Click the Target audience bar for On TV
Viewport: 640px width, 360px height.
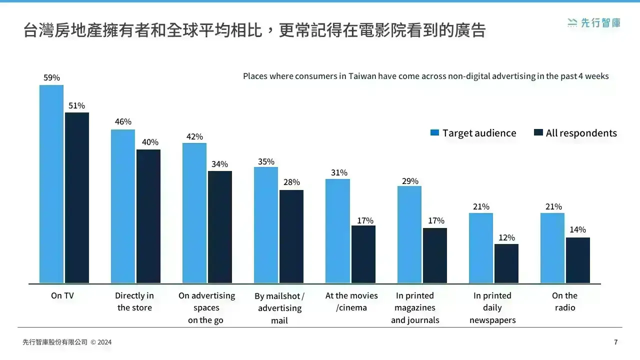coord(51,184)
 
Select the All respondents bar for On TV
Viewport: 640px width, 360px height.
coord(77,197)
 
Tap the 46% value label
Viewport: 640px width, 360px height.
coord(123,121)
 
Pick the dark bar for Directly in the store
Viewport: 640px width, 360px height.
coord(148,216)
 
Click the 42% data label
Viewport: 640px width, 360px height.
coord(194,136)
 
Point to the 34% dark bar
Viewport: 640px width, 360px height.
coord(219,227)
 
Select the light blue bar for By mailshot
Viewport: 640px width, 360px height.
coord(266,225)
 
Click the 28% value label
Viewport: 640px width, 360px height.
coord(291,182)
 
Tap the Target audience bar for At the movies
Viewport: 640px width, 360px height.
coord(337,231)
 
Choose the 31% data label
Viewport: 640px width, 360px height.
coord(339,172)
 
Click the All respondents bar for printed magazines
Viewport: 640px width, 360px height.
coord(435,255)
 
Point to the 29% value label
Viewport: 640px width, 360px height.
coord(410,181)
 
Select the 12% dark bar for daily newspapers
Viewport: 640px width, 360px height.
coord(506,263)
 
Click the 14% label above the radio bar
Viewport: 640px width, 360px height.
coord(577,229)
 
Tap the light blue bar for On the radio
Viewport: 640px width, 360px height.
coord(552,248)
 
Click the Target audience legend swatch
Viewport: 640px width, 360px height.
coord(434,132)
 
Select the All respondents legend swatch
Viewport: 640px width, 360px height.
coord(538,132)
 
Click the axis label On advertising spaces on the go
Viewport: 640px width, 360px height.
coord(206,307)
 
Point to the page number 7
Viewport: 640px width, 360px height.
coord(615,342)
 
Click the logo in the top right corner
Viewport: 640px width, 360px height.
coord(593,23)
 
